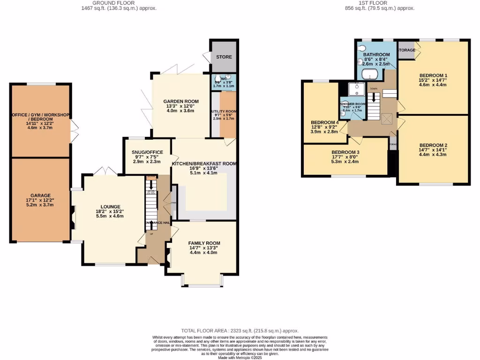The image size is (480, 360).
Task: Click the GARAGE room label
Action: (41, 195)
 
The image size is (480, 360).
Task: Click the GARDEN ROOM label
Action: (181, 101)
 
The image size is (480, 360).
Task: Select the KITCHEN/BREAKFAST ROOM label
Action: (204, 164)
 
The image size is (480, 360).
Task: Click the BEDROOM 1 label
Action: (433, 75)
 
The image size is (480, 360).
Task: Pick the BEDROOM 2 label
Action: (433, 145)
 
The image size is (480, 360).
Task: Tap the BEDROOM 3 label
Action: (345, 152)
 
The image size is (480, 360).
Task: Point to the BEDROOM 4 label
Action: (324, 123)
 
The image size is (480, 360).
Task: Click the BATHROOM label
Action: (376, 55)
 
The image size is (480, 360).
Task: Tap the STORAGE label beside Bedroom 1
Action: (406, 50)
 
